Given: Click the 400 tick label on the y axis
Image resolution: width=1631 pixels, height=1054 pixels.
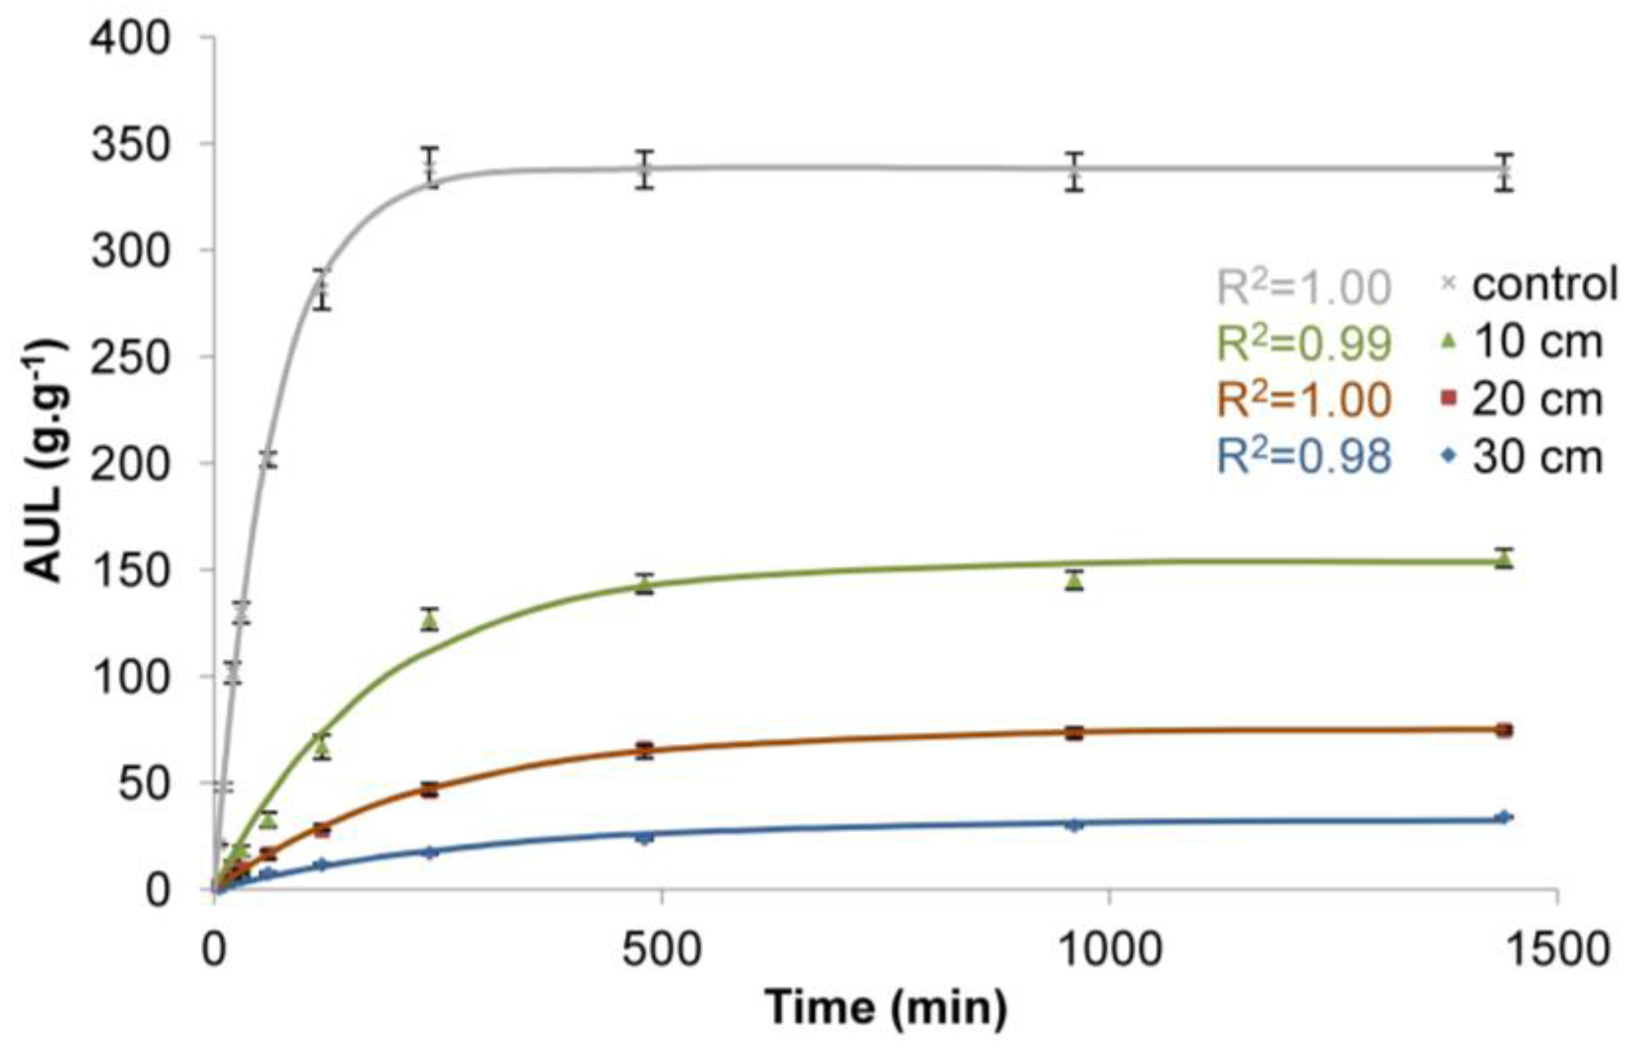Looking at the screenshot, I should point(130,38).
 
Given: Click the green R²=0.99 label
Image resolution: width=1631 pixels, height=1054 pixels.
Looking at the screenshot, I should point(1304,342).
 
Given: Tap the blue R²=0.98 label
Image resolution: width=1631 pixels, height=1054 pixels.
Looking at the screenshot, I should point(1304,457).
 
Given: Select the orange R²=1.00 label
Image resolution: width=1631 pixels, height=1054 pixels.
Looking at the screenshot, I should point(1304,399).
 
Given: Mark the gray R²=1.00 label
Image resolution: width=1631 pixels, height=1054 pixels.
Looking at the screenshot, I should point(1304,286).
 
